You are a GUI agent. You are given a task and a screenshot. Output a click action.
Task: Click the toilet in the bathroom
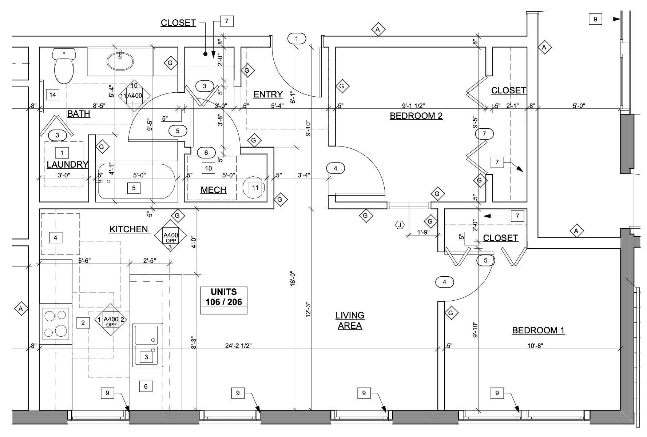pyautogui.click(x=64, y=65)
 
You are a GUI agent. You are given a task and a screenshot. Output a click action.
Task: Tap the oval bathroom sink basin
pyautogui.click(x=120, y=61)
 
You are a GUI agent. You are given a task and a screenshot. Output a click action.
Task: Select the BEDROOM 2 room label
pyautogui.click(x=416, y=116)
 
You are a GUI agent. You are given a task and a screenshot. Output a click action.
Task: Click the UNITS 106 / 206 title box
pyautogui.click(x=224, y=300)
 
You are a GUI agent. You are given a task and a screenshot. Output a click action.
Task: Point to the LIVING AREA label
pyautogui.click(x=350, y=320)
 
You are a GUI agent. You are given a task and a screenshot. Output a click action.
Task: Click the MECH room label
pyautogui.click(x=214, y=190)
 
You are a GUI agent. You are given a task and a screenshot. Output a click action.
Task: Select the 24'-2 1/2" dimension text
pyautogui.click(x=238, y=346)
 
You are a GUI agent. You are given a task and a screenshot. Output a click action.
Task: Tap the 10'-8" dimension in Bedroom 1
pyautogui.click(x=536, y=346)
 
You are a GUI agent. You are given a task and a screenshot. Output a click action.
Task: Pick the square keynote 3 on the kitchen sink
pyautogui.click(x=146, y=357)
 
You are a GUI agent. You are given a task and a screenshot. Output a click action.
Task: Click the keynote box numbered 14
pyautogui.click(x=53, y=95)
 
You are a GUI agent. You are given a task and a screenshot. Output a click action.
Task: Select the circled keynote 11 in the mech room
pyautogui.click(x=255, y=188)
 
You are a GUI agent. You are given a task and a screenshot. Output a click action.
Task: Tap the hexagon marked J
pyautogui.click(x=400, y=225)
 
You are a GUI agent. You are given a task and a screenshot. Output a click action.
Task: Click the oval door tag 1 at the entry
pyautogui.click(x=297, y=38)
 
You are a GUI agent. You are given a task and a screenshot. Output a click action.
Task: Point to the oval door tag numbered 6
pyautogui.click(x=206, y=153)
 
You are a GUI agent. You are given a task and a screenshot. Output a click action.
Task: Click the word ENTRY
pyautogui.click(x=268, y=95)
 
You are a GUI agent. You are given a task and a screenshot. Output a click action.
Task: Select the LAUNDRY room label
pyautogui.click(x=67, y=165)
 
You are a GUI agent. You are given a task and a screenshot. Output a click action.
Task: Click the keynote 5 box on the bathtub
pyautogui.click(x=134, y=188)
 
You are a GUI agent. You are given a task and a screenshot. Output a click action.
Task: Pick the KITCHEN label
pyautogui.click(x=129, y=229)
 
